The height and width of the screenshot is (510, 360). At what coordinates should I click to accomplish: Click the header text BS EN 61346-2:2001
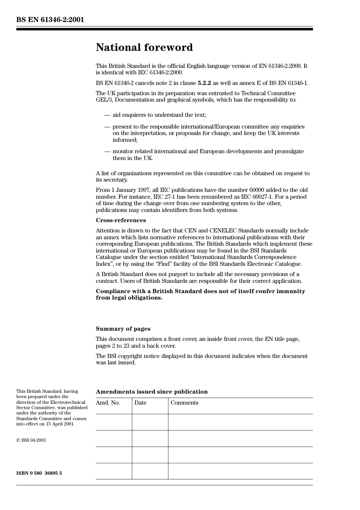coord(50,20)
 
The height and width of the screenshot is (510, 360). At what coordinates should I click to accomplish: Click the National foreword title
coord(144,47)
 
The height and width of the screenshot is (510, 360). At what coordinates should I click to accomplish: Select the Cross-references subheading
coord(121,220)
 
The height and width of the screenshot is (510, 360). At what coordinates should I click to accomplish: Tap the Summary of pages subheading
coord(123,329)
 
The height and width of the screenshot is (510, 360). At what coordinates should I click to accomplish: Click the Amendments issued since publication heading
coord(152,392)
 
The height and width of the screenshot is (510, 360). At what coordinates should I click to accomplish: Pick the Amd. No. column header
coord(108,403)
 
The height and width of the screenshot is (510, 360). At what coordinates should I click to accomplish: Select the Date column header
coord(140,403)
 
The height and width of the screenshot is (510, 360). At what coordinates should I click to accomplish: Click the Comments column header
coord(184,403)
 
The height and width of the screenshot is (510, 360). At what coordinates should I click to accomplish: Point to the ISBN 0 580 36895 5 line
coord(39,473)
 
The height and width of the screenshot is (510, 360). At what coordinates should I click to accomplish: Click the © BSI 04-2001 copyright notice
coord(31,440)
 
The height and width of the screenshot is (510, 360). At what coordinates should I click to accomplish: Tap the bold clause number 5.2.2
coord(204,83)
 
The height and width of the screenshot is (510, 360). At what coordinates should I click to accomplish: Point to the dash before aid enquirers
coord(107,115)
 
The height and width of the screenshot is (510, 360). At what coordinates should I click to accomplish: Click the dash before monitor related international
coord(107,151)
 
